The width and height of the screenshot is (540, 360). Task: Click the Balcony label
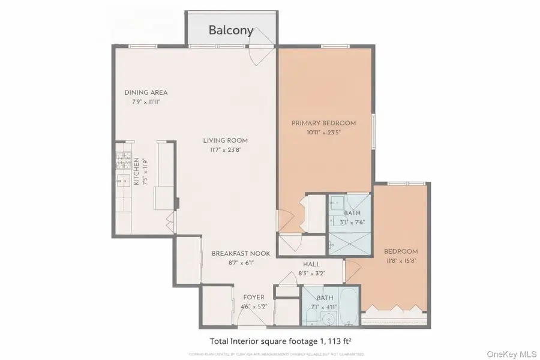[x=231, y=30]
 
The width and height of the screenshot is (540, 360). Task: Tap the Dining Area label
[x=146, y=92]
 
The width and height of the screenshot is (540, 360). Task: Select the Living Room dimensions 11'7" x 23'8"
[x=225, y=150]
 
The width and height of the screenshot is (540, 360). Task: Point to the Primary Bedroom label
[x=323, y=123]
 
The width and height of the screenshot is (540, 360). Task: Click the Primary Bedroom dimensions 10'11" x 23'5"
[x=323, y=133]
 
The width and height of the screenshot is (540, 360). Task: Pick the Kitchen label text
[x=137, y=172]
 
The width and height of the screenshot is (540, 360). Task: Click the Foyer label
[x=253, y=298]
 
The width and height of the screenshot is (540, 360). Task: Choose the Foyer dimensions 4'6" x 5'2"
[x=253, y=307]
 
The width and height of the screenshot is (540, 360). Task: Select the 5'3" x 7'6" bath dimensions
[x=352, y=222]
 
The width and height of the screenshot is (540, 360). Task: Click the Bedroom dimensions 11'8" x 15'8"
[x=401, y=261]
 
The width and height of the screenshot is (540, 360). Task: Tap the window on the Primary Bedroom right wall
[x=373, y=130]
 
